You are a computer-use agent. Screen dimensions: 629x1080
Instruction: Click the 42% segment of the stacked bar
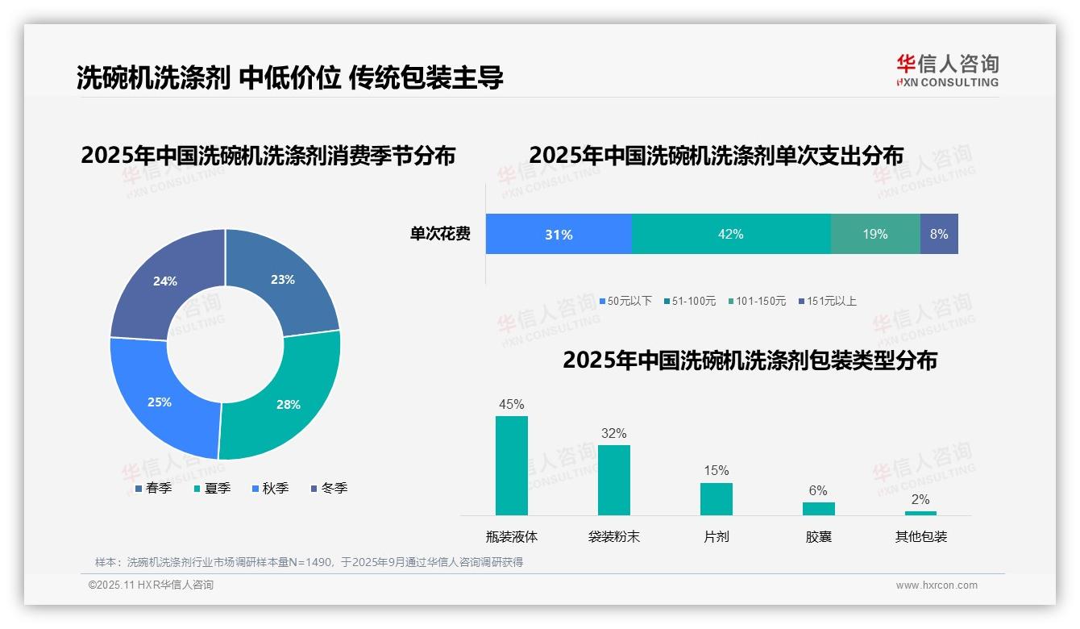pos(730,234)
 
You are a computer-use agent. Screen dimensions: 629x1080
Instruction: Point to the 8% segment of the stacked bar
pos(939,234)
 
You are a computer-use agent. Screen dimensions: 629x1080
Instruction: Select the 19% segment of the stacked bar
pos(875,234)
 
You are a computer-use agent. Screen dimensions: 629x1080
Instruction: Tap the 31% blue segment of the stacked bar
pos(559,234)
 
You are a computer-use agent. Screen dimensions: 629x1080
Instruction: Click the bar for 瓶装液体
pos(512,465)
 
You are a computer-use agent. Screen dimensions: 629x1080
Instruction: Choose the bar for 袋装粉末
pos(614,480)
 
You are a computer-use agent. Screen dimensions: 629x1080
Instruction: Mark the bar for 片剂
pos(717,498)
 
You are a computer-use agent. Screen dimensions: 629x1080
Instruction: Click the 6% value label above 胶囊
pos(818,490)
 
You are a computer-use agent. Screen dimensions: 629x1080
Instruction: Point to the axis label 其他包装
pos(921,536)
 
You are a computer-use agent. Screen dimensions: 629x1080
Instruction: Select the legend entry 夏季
pos(213,488)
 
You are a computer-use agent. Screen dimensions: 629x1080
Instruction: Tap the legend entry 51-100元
pos(690,301)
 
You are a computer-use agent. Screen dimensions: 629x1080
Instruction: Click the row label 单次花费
pos(440,234)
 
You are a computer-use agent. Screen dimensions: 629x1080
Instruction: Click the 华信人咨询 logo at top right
pos(948,70)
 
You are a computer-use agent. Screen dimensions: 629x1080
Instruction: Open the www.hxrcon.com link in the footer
pos(937,585)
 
